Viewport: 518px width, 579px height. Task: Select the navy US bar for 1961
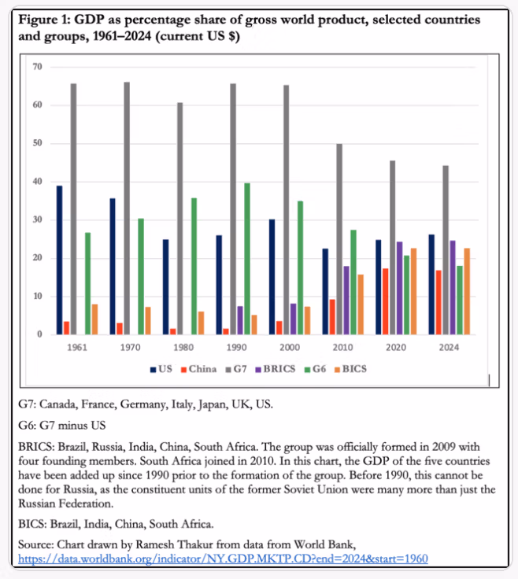click(x=60, y=260)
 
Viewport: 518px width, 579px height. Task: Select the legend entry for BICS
click(x=350, y=368)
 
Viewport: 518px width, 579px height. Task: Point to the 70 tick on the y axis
click(x=37, y=67)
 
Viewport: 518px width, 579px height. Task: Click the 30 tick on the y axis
click(x=37, y=220)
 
